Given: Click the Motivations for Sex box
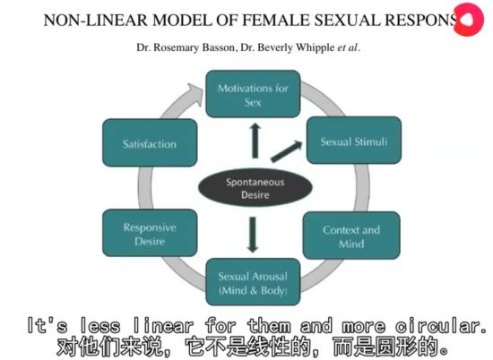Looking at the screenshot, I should tap(253, 94).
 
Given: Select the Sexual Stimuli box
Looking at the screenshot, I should tap(342, 141).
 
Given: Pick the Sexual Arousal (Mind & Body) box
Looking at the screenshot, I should tap(253, 281).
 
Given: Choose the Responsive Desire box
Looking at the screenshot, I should tap(151, 234).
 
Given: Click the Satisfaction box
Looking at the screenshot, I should tap(150, 143).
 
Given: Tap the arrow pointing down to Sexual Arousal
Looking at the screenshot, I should tap(253, 234).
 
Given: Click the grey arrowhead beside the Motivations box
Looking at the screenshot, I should tap(190, 91).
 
